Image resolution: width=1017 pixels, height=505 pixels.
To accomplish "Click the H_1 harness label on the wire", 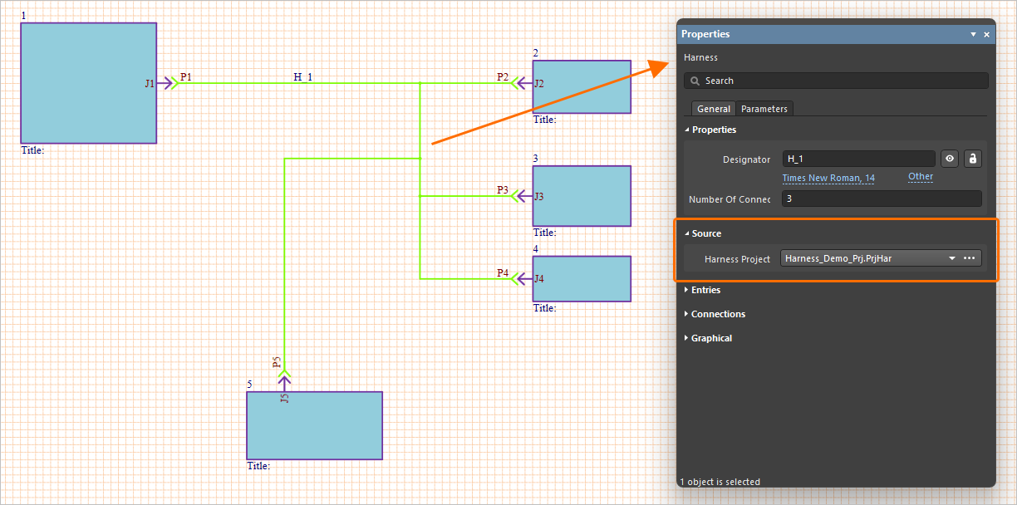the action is click(x=302, y=76).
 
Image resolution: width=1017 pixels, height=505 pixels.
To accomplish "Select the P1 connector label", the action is click(x=185, y=76).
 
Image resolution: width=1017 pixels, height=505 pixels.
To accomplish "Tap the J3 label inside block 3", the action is click(x=539, y=197).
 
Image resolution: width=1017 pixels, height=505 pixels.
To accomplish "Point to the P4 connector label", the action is click(x=503, y=272).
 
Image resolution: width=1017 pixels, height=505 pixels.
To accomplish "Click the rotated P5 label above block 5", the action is click(x=277, y=362).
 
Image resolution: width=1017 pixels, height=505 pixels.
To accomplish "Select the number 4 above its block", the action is click(x=536, y=248).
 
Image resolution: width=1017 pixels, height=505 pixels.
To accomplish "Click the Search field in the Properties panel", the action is click(x=836, y=81).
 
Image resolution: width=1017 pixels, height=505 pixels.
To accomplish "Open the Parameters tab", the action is click(x=764, y=109).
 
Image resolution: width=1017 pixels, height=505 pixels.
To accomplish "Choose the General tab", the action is click(x=713, y=109).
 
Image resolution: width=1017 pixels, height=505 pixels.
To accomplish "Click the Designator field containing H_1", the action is click(x=858, y=159).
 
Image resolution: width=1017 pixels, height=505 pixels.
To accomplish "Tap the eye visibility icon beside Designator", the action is click(x=950, y=159).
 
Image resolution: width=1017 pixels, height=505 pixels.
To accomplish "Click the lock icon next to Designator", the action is click(x=972, y=159).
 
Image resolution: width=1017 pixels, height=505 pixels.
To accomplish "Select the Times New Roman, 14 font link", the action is click(x=828, y=178).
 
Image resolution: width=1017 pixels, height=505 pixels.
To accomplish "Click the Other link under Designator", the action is click(x=921, y=176).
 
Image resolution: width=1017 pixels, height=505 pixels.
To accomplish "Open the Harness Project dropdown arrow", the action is click(x=951, y=258).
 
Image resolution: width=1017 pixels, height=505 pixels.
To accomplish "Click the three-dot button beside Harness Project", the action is click(x=970, y=258).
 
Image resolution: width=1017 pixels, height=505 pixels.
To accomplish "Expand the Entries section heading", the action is click(x=705, y=290).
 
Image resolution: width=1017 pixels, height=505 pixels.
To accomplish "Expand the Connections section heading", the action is click(x=718, y=314).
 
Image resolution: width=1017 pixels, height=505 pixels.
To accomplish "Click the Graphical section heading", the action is click(x=711, y=338).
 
